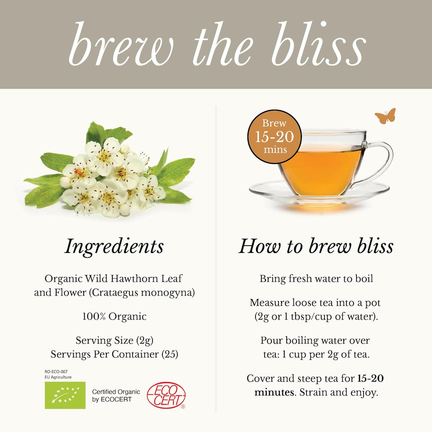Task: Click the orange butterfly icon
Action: pyautogui.click(x=385, y=116)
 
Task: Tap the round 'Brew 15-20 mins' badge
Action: pyautogui.click(x=274, y=136)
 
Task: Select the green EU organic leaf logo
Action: pyautogui.click(x=65, y=395)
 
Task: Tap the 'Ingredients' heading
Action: pyautogui.click(x=114, y=246)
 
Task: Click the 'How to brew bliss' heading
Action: pyautogui.click(x=315, y=246)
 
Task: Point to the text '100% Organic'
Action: pyautogui.click(x=114, y=316)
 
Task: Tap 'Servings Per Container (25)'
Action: pyautogui.click(x=114, y=354)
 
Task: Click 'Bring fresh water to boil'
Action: pyautogui.click(x=316, y=279)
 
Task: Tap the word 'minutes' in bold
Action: pyautogui.click(x=274, y=392)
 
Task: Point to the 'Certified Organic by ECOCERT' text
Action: pyautogui.click(x=116, y=396)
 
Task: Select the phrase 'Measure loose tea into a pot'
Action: pyautogui.click(x=315, y=302)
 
